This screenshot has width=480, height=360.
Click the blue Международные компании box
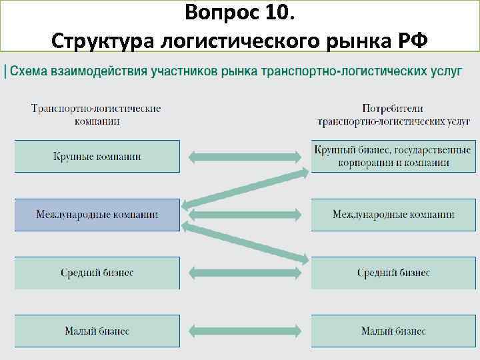pos(97,215)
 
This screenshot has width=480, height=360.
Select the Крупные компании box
pos(97,157)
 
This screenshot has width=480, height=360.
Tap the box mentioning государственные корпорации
pos(393,157)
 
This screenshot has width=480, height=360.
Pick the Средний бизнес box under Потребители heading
pos(393,273)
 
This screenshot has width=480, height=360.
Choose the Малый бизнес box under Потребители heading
pos(393,331)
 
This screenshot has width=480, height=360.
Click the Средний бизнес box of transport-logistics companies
pos(97,273)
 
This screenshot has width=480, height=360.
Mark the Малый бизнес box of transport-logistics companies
pos(97,331)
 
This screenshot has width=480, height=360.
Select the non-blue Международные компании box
pos(393,215)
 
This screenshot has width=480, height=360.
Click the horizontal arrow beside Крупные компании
pos(245,157)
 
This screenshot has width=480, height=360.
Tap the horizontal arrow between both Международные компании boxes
pos(245,215)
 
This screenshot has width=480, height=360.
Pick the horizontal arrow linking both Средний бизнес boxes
pos(245,273)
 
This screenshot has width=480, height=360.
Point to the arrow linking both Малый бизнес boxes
pos(245,331)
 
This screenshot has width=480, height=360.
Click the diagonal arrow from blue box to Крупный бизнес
pos(245,187)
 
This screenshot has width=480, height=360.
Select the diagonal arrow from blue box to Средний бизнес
pos(245,243)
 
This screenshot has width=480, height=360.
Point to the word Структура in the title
pos(101,40)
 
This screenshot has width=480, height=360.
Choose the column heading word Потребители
pos(393,108)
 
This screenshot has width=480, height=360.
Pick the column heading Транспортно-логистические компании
pos(96,114)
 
